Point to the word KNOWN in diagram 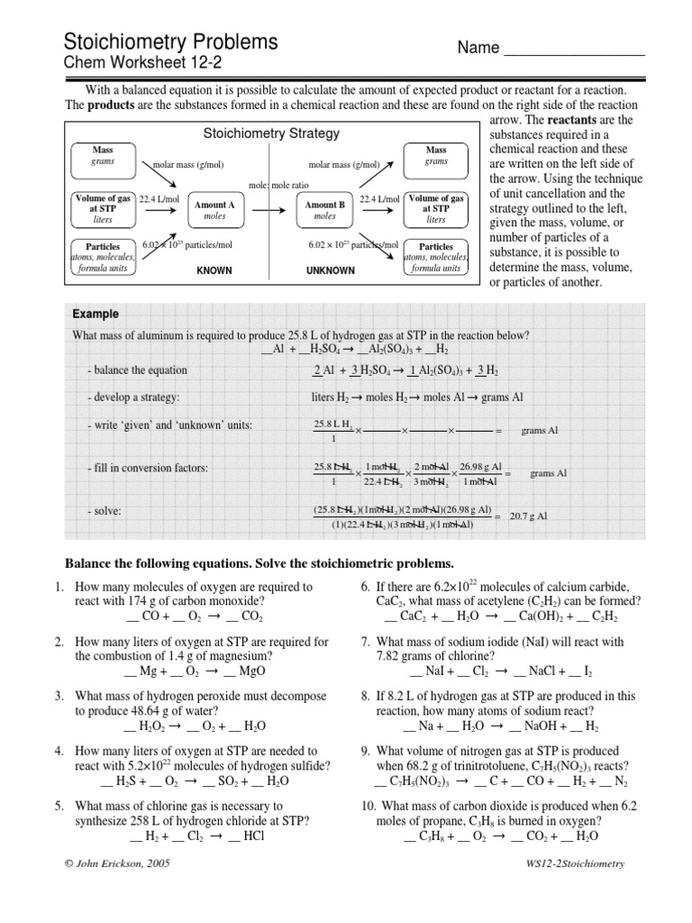point(214,270)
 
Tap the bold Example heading point(96,314)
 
